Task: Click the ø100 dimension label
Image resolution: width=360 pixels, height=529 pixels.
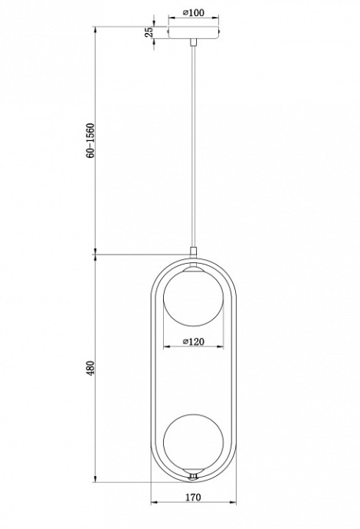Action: click(193, 13)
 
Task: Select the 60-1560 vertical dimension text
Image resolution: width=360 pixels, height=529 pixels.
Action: click(91, 140)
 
